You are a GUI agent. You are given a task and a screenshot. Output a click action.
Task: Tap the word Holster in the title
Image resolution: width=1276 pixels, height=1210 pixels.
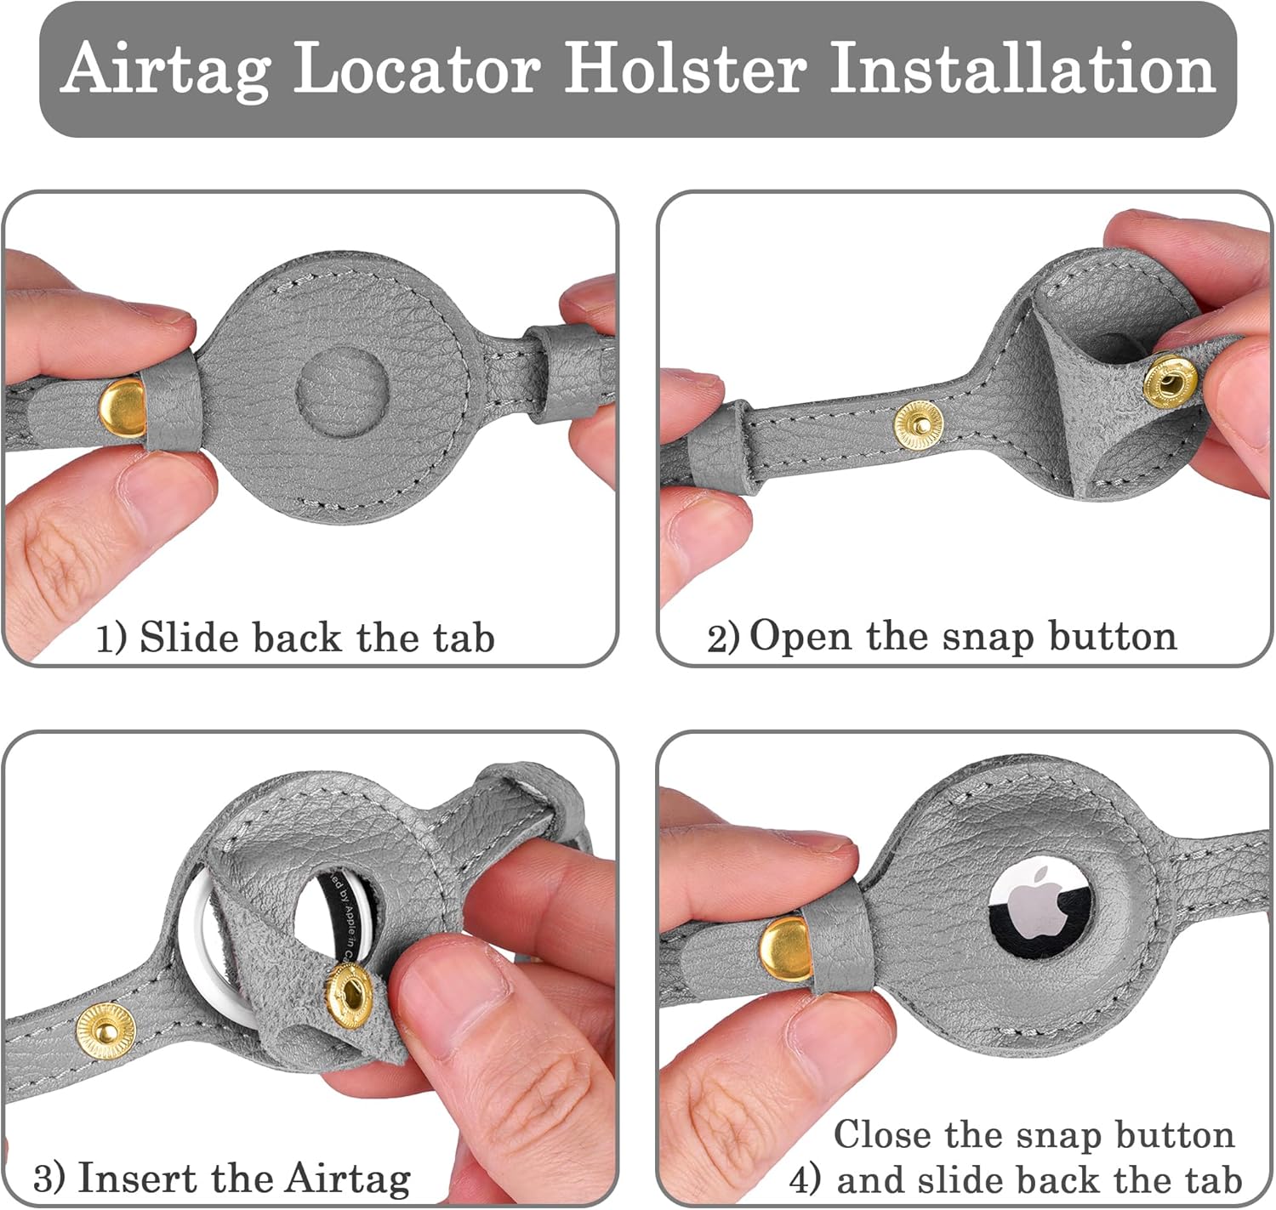pyautogui.click(x=686, y=67)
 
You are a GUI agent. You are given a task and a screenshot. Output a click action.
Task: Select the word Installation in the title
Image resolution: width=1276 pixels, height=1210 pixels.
pyautogui.click(x=1022, y=67)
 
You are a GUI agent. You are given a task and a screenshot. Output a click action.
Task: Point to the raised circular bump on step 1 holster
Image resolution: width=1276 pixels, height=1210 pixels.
pyautogui.click(x=343, y=391)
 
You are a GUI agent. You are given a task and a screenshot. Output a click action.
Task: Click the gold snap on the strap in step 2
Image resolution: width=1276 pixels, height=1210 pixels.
pyautogui.click(x=918, y=425)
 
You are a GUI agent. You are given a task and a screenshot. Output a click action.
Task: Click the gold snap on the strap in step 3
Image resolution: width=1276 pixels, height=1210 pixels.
pyautogui.click(x=105, y=1031)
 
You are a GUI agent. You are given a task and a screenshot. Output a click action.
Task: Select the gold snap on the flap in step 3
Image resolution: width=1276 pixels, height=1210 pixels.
pyautogui.click(x=349, y=996)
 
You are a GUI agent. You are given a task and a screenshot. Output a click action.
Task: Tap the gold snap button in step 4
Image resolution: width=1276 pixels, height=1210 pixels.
pyautogui.click(x=786, y=949)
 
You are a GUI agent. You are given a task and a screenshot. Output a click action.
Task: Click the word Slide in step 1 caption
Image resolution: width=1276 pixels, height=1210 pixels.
pyautogui.click(x=190, y=637)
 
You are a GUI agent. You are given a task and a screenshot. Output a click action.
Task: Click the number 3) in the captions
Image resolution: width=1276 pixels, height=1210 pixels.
pyautogui.click(x=49, y=1179)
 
